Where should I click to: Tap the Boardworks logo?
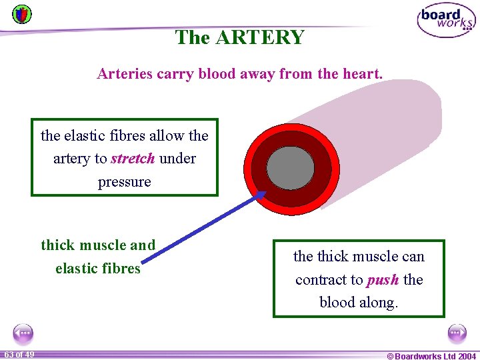point(446,20)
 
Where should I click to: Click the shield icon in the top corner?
point(22,13)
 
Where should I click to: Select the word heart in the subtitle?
point(360,74)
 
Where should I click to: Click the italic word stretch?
point(133,159)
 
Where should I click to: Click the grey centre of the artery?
point(290,167)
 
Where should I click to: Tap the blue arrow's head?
point(261,195)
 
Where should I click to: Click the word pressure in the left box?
point(125,182)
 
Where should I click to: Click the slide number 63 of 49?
point(19,354)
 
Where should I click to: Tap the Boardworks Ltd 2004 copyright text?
point(431,356)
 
